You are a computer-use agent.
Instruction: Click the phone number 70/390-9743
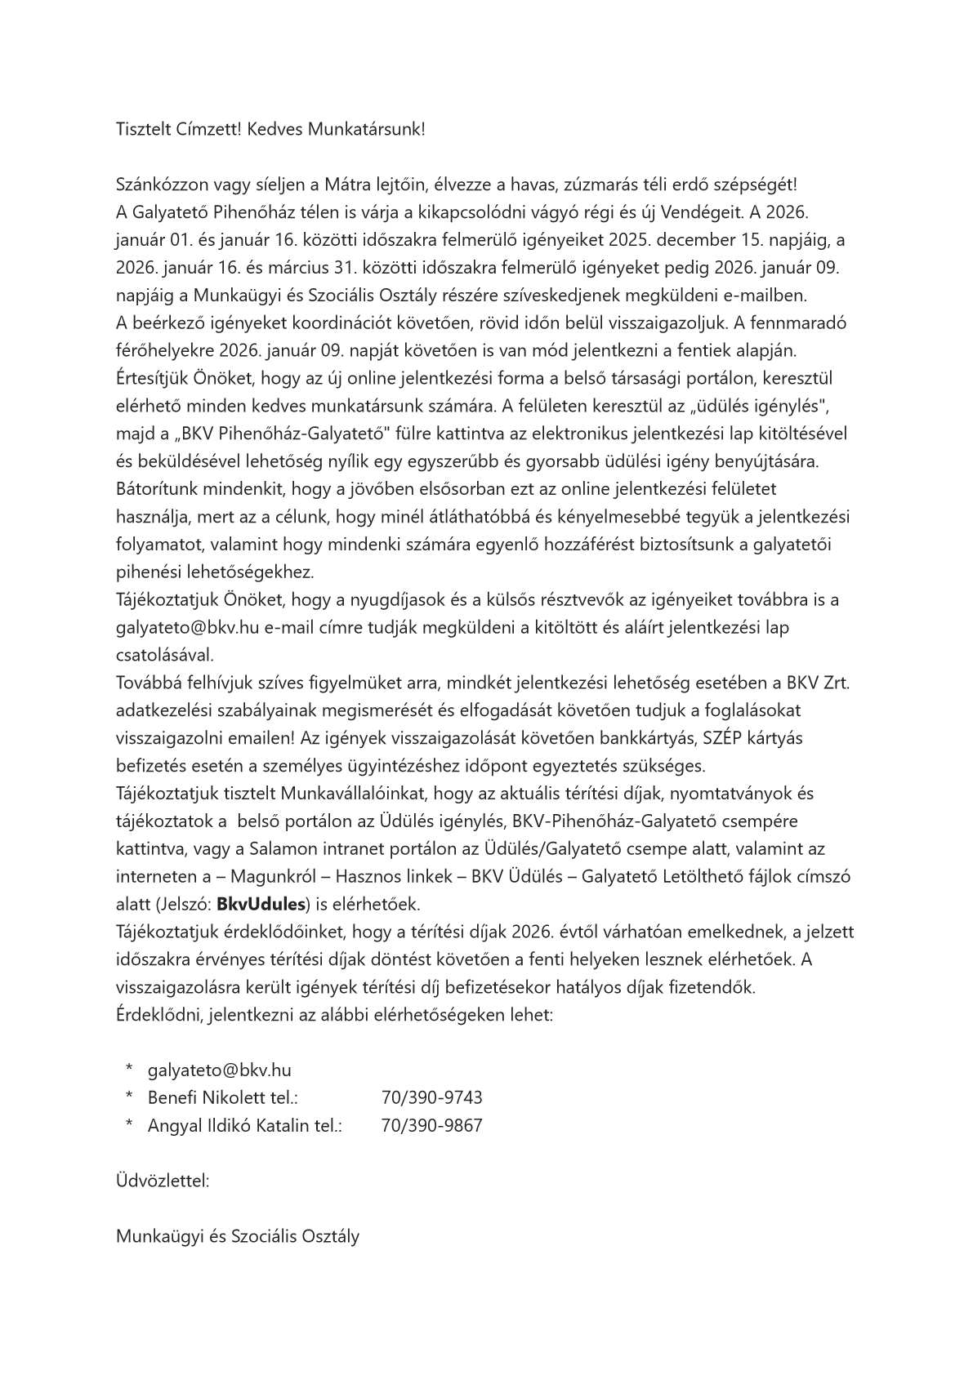(x=431, y=1097)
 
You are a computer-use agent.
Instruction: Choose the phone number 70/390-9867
(x=431, y=1125)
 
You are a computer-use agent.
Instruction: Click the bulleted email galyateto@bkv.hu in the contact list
(x=219, y=1070)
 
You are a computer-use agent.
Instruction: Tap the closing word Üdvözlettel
(x=163, y=1181)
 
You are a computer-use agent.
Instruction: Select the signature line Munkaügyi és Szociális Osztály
(x=238, y=1236)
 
